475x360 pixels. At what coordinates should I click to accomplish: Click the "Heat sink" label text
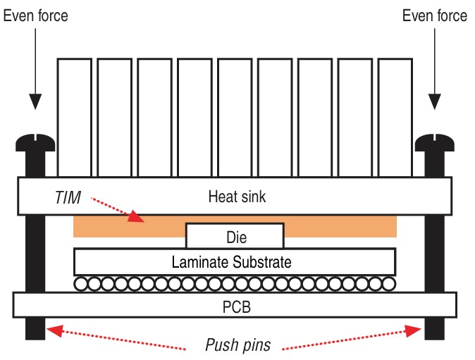[237, 197]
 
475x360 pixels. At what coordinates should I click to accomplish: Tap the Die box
[235, 235]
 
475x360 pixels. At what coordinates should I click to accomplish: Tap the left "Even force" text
[37, 15]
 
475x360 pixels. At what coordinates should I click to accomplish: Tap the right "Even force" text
[434, 15]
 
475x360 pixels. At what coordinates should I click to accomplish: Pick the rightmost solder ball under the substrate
[388, 285]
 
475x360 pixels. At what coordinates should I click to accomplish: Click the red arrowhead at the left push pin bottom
[52, 329]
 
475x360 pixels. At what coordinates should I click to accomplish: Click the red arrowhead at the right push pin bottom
[416, 329]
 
